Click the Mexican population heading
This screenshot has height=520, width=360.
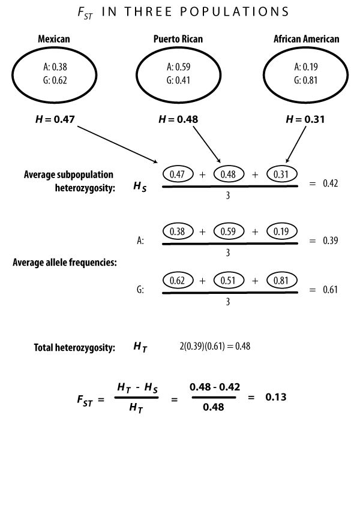[54, 39]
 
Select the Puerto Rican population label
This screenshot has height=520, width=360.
[178, 39]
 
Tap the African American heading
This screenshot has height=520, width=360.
[306, 39]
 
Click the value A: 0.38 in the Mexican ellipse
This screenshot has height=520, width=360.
[55, 67]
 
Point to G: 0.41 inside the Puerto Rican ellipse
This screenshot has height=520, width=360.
[178, 80]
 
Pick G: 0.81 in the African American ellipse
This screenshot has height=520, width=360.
[305, 80]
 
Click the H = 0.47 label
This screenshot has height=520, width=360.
[55, 119]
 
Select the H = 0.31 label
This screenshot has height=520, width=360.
[305, 119]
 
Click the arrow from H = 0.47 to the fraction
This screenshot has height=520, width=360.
[118, 145]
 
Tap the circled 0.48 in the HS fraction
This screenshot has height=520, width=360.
[228, 174]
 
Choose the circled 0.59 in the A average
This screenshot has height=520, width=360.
[228, 231]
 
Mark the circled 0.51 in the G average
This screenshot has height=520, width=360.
[228, 281]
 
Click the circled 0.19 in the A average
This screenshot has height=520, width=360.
[281, 231]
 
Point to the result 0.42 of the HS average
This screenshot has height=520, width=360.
[331, 184]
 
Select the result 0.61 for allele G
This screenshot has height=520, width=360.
[331, 290]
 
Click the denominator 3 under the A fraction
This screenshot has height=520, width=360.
[228, 253]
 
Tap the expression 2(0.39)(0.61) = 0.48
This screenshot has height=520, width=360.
[215, 346]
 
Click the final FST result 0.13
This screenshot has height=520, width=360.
[276, 397]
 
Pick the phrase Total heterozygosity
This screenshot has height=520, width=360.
[74, 347]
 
